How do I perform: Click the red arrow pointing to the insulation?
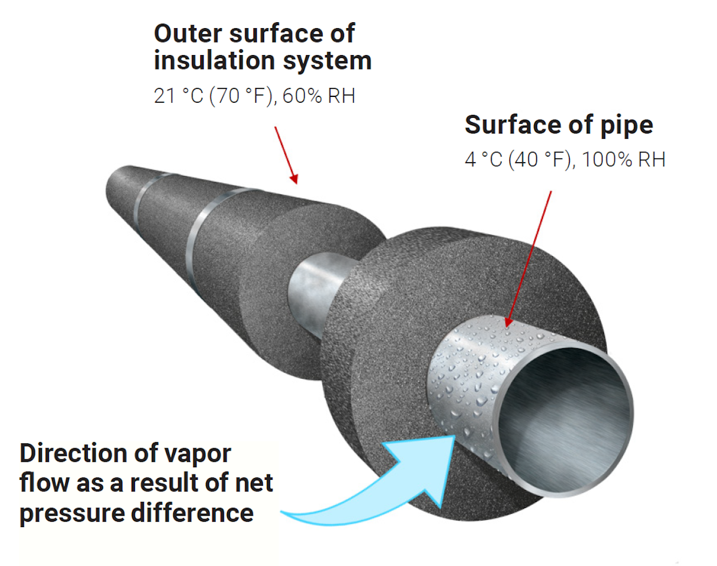pyautogui.click(x=286, y=154)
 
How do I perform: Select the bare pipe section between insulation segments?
pyautogui.click(x=317, y=281)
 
